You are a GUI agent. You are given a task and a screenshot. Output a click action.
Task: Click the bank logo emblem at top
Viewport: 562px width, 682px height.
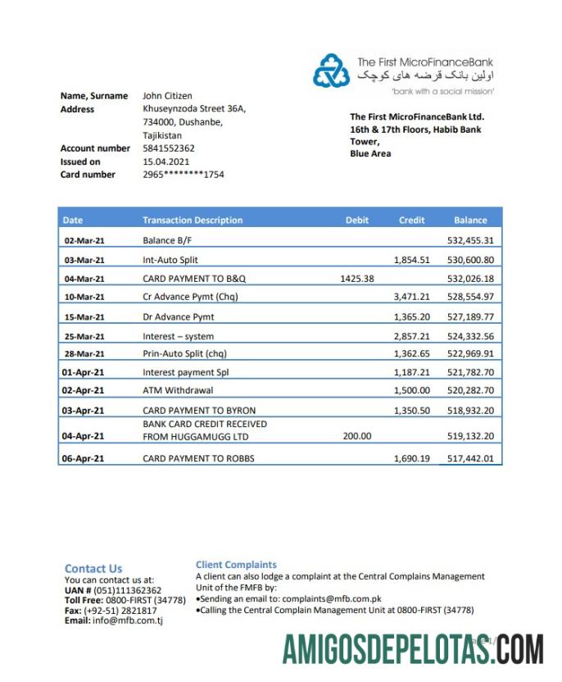pyautogui.click(x=331, y=71)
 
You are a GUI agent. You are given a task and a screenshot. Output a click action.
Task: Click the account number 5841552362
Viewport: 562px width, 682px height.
pyautogui.click(x=169, y=148)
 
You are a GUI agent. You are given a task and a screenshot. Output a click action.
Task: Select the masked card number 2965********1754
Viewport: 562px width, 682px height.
pyautogui.click(x=183, y=175)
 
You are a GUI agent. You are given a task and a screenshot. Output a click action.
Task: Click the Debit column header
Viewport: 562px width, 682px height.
pyautogui.click(x=357, y=220)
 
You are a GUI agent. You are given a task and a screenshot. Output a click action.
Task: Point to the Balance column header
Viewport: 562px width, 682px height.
pyautogui.click(x=470, y=220)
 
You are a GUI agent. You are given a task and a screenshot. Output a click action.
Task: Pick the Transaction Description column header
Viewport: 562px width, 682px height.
pyautogui.click(x=193, y=220)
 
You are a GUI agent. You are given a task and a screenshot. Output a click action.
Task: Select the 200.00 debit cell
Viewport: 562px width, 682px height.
pyautogui.click(x=356, y=436)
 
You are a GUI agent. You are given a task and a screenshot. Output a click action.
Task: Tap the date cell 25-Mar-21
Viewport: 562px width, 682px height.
pyautogui.click(x=84, y=337)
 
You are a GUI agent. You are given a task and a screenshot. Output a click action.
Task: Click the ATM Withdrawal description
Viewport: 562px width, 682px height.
pyautogui.click(x=178, y=390)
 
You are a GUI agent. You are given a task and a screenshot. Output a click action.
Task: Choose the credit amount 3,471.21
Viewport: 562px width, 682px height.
pyautogui.click(x=411, y=297)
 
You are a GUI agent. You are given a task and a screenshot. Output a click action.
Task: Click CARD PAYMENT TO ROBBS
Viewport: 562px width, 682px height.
pyautogui.click(x=198, y=458)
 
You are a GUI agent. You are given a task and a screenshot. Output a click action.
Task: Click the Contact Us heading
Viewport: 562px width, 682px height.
pyautogui.click(x=93, y=569)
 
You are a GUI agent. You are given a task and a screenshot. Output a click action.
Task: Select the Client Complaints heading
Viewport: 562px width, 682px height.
pyautogui.click(x=236, y=565)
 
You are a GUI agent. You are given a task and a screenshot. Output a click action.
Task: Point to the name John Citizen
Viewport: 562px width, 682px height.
pyautogui.click(x=167, y=96)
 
